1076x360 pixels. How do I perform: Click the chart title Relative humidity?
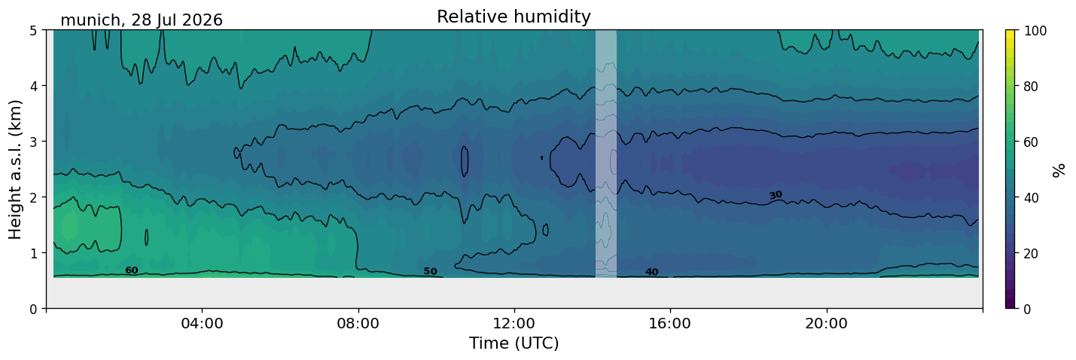coord(514,17)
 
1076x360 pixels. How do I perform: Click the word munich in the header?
coord(90,20)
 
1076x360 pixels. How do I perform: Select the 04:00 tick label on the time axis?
coord(203,323)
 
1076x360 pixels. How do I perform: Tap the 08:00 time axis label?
coord(358,323)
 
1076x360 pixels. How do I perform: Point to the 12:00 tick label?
coord(514,323)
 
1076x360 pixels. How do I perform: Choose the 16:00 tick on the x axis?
coord(670,323)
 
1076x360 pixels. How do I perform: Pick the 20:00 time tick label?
coord(826,323)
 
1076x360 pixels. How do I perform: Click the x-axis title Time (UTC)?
coord(514,343)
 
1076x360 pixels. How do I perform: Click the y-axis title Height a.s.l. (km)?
coord(15,169)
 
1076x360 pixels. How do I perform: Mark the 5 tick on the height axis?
coord(34,31)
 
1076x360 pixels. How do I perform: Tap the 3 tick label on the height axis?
coord(34,142)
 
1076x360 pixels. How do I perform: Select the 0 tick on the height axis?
coord(34,309)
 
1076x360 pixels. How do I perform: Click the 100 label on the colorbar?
coord(1035,31)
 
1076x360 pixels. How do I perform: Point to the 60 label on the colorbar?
coord(1031,142)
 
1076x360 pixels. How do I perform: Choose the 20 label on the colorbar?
coord(1031,254)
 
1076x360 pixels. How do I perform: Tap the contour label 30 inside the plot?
coord(776,195)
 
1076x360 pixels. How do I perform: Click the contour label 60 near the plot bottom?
coord(132,270)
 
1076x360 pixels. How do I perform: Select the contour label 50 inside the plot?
coord(431,272)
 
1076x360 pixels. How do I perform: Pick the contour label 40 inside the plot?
coord(652,272)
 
